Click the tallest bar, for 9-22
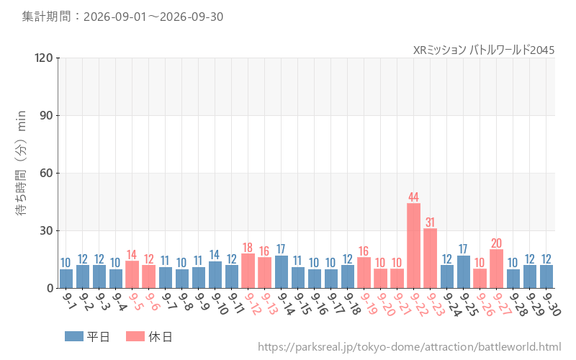click(413, 246)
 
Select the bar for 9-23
click(430, 258)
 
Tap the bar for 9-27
click(496, 269)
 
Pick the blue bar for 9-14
click(282, 272)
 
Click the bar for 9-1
click(66, 279)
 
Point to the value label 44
click(413, 197)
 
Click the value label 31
click(430, 222)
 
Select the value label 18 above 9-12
click(248, 247)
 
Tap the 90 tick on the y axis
click(46, 116)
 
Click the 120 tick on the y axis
click(44, 58)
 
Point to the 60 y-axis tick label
click(46, 173)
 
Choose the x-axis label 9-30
click(552, 304)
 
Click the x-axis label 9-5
click(135, 301)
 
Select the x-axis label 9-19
click(369, 304)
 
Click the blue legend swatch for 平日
click(74, 336)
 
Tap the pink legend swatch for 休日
click(135, 336)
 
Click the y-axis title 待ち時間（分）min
click(22, 163)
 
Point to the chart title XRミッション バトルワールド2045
click(484, 50)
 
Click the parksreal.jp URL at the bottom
click(409, 347)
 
